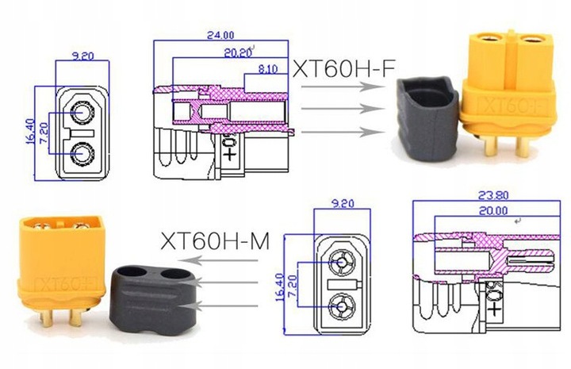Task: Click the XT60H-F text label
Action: point(343,68)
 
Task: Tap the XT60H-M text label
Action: point(215,240)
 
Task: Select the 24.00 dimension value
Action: point(220,35)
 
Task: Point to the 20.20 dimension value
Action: point(238,53)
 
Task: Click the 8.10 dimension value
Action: point(268,68)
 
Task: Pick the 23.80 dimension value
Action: point(493,195)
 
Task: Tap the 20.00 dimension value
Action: point(492,210)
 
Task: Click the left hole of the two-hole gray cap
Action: point(130,272)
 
